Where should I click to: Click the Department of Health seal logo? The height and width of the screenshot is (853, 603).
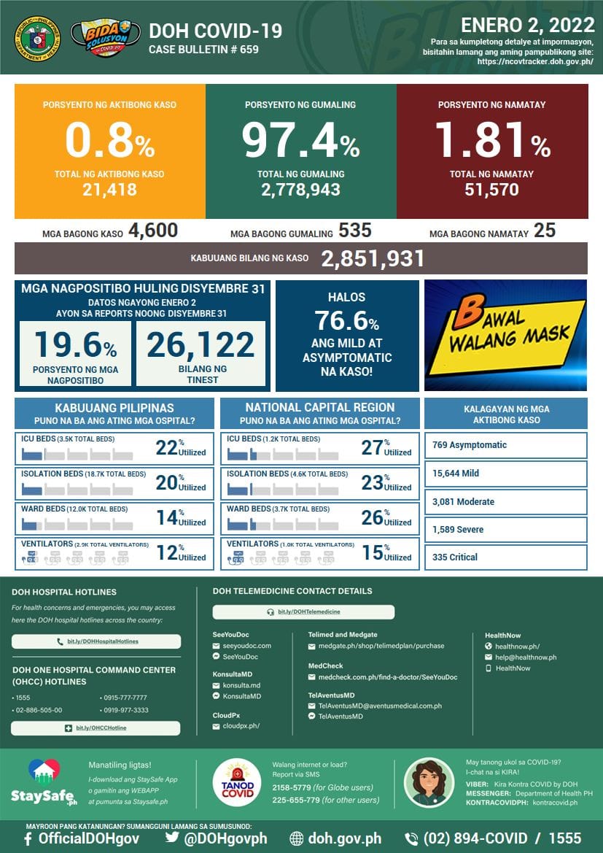[x=36, y=37]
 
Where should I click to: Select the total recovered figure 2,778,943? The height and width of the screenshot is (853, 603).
[x=300, y=190]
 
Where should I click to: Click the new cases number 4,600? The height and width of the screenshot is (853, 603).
[x=153, y=231]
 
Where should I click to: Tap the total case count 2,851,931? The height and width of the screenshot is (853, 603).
[x=373, y=258]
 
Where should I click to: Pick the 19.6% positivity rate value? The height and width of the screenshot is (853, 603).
[x=75, y=345]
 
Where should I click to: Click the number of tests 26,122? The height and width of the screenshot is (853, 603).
[x=201, y=345]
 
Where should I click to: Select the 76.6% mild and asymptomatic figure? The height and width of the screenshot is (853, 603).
[x=347, y=320]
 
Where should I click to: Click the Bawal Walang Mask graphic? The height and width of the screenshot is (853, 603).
[x=505, y=335]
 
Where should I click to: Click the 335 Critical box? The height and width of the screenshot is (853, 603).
[x=505, y=557]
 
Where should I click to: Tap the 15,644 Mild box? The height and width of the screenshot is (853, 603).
[x=505, y=474]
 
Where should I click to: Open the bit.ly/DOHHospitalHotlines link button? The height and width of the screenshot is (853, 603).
[x=96, y=641]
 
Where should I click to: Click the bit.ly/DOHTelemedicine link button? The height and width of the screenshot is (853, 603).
[x=303, y=611]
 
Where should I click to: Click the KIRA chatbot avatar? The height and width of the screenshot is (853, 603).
[x=429, y=782]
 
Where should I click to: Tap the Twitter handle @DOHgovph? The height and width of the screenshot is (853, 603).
[x=217, y=838]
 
